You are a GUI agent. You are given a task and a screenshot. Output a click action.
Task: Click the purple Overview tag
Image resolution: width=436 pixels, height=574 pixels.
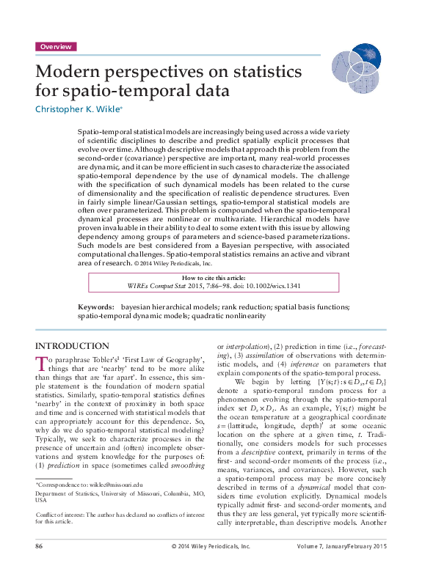(x=56, y=46)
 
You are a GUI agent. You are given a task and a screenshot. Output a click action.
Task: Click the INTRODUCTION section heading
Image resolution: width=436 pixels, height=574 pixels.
(x=73, y=346)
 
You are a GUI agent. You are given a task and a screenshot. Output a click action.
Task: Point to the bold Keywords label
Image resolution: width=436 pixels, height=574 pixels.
(x=95, y=306)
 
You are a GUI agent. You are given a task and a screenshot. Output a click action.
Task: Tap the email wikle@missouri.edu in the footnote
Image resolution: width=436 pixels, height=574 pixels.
(x=101, y=485)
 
